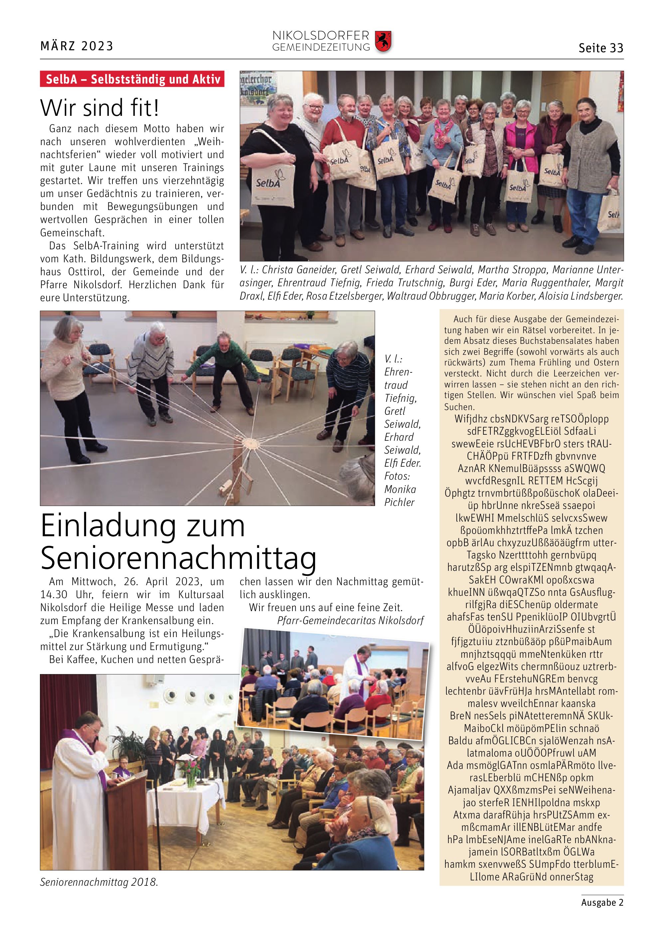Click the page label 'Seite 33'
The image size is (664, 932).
pyautogui.click(x=600, y=48)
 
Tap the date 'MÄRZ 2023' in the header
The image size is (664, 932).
pyautogui.click(x=77, y=46)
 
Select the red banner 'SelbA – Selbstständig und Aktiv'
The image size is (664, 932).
pyautogui.click(x=132, y=79)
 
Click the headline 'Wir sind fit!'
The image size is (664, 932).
pyautogui.click(x=99, y=108)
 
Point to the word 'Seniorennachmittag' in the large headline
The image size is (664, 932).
pyautogui.click(x=178, y=558)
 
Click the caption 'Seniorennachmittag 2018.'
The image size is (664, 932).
pyautogui.click(x=98, y=882)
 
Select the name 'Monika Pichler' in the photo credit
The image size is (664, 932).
pyautogui.click(x=400, y=496)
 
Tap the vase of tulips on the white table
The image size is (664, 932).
pyautogui.click(x=191, y=775)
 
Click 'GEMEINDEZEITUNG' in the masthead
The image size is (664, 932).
pyautogui.click(x=321, y=48)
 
